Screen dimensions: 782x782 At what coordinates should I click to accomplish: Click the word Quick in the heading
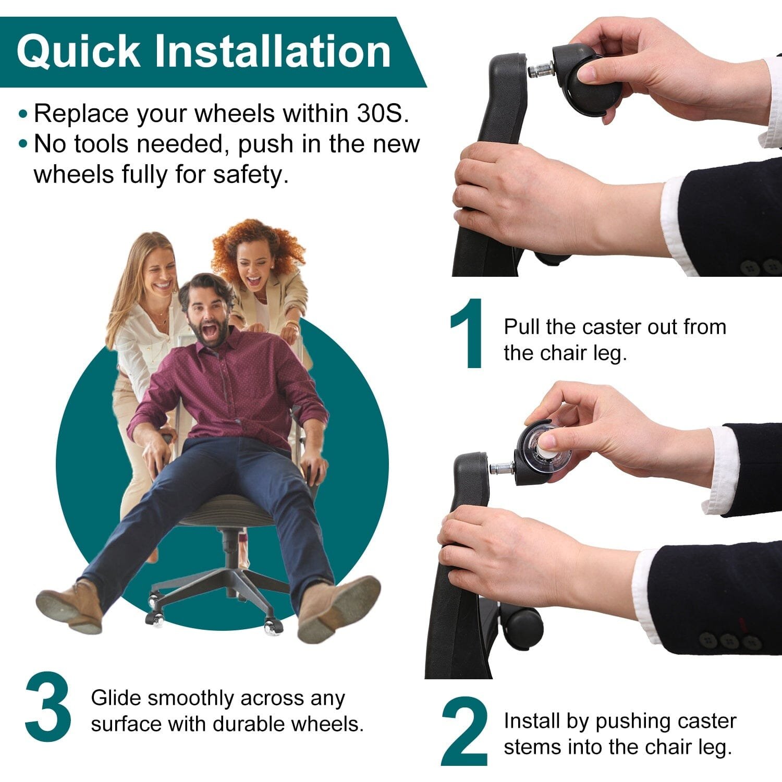coord(78,52)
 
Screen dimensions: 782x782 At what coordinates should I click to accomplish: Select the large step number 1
coord(468,334)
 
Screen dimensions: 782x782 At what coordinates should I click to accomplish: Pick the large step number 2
coord(465,731)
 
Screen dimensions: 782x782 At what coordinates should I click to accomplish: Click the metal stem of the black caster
coord(541,70)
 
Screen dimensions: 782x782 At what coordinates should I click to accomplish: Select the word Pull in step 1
coord(522,327)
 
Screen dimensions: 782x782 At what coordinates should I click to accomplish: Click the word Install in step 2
coord(532,721)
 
